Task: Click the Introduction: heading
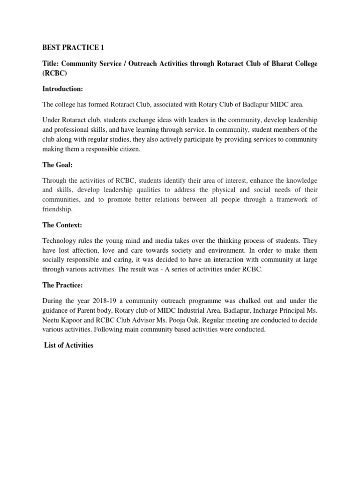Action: (63, 89)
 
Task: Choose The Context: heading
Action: (62, 225)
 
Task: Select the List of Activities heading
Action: (68, 345)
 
